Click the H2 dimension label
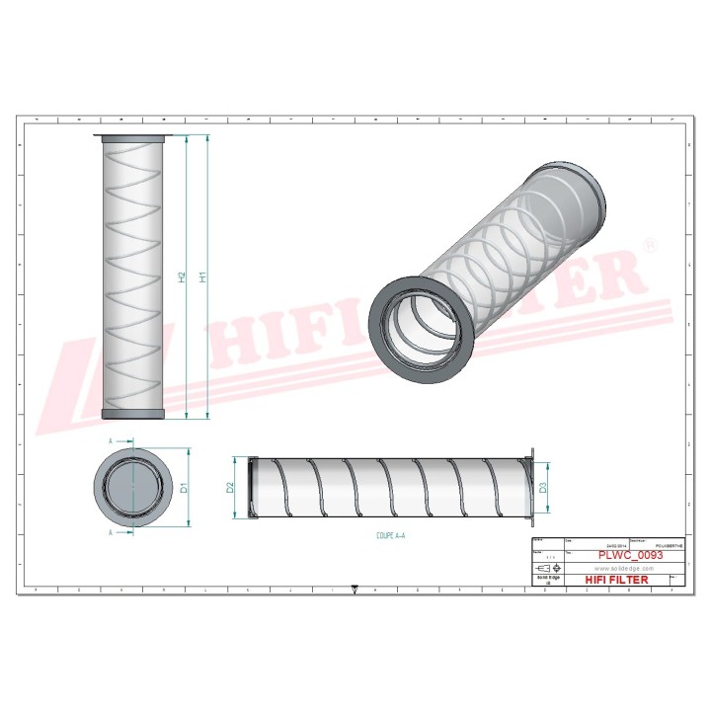182,277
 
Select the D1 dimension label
184,486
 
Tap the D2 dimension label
230,486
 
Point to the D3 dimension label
542,485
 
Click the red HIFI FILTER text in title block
616,580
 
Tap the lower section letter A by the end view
111,531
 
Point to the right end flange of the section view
531,485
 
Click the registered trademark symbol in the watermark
649,243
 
